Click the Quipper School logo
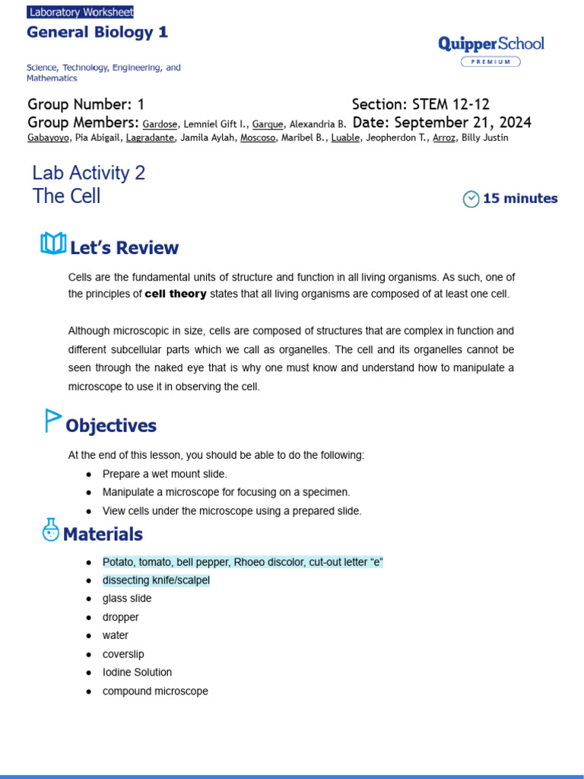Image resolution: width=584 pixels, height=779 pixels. (x=491, y=43)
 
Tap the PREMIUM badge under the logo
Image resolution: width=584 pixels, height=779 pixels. (x=490, y=62)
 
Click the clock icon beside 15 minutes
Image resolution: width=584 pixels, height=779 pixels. (x=471, y=199)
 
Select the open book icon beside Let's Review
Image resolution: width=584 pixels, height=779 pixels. (x=52, y=244)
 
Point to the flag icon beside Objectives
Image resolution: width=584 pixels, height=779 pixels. (x=52, y=421)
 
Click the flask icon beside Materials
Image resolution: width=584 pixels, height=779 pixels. (x=51, y=530)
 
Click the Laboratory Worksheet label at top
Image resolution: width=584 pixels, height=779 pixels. (x=81, y=12)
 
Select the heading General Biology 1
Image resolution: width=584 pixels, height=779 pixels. (x=97, y=32)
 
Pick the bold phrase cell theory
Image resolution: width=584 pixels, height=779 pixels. (x=176, y=294)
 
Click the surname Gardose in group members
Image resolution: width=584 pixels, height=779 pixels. (x=160, y=124)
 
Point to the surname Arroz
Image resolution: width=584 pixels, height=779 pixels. (x=444, y=138)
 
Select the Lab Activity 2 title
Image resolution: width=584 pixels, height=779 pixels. (x=89, y=173)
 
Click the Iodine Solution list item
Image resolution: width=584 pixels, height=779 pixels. (x=137, y=672)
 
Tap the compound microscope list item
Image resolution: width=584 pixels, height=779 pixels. (x=155, y=692)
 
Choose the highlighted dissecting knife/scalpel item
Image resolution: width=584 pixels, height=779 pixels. (x=156, y=580)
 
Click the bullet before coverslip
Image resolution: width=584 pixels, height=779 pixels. (x=89, y=655)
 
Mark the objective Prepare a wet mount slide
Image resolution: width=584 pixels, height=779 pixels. (x=165, y=474)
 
